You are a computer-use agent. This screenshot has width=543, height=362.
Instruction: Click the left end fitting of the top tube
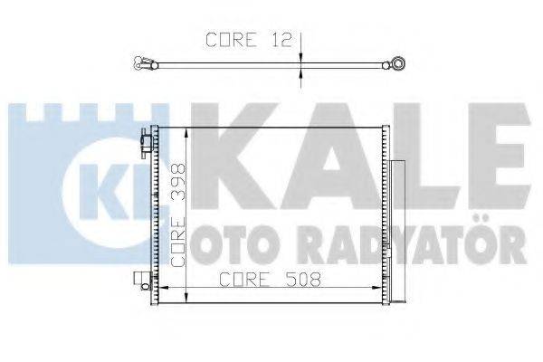click(x=141, y=64)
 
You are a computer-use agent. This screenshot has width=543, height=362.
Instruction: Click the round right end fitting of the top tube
click(x=395, y=64)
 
